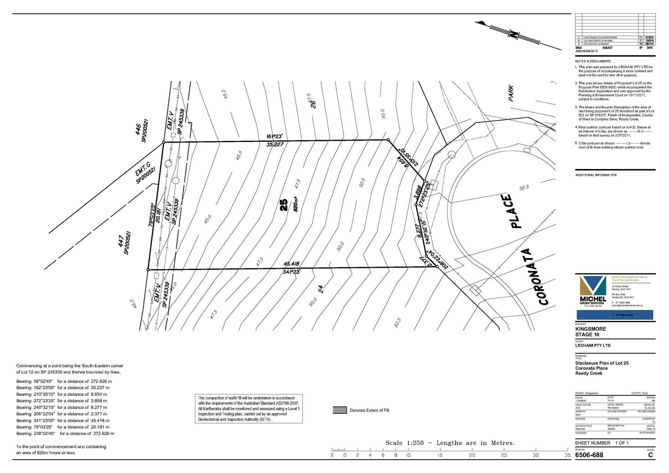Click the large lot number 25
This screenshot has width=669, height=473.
[x=284, y=205]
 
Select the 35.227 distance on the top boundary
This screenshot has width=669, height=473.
[x=275, y=144]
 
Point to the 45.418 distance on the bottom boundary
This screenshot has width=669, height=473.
[x=291, y=264]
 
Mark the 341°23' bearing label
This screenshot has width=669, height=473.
[x=292, y=272]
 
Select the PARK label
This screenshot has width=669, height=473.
[x=511, y=93]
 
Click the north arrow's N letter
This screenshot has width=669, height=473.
[x=513, y=34]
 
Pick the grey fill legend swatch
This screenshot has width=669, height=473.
[x=340, y=410]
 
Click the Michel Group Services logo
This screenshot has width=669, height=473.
[x=593, y=291]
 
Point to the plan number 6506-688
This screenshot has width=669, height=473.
[x=589, y=455]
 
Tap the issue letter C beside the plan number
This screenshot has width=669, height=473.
[x=650, y=455]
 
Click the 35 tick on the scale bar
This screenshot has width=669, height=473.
[x=568, y=455]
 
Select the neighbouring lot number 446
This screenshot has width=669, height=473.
[x=138, y=129]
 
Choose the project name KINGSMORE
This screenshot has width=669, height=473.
[x=591, y=329]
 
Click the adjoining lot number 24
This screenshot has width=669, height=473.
[x=321, y=289]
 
